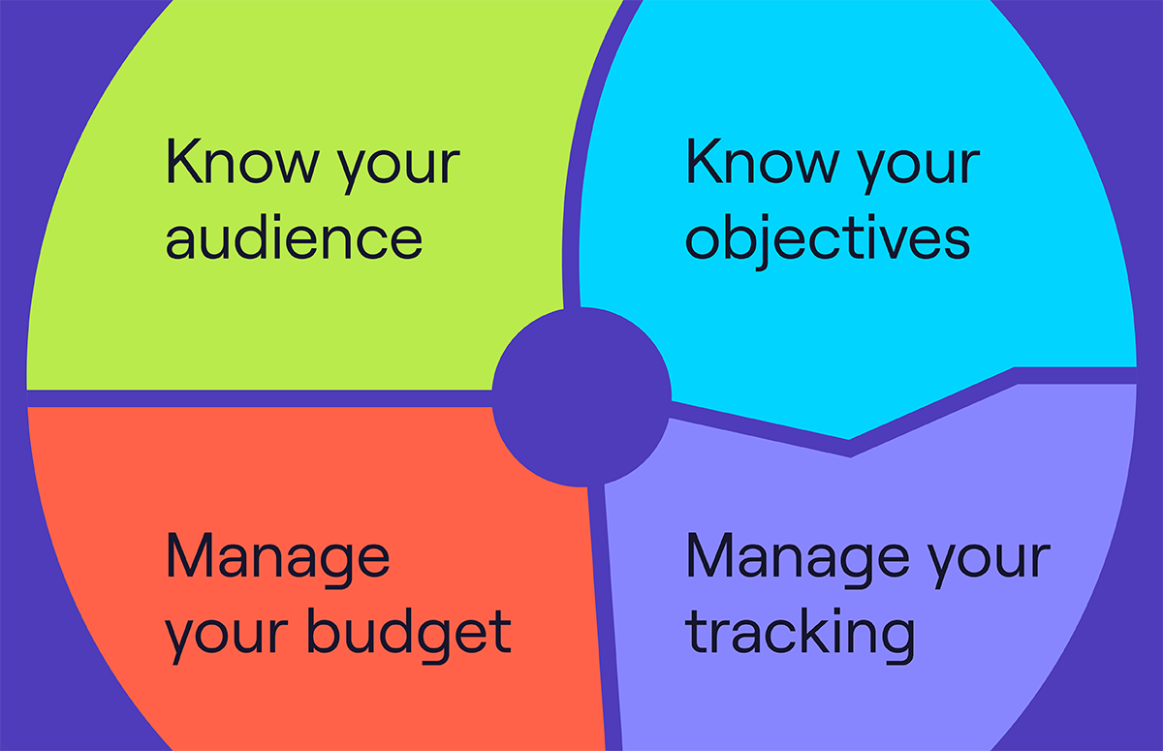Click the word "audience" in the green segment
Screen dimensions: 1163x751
pyautogui.click(x=294, y=236)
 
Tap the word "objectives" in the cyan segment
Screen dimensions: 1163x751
pyautogui.click(x=828, y=241)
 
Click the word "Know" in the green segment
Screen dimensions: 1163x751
pyautogui.click(x=242, y=161)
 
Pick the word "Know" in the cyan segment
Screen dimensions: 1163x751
pyautogui.click(x=762, y=161)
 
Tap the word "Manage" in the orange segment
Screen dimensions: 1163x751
pyautogui.click(x=278, y=559)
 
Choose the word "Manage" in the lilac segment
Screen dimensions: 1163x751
pyautogui.click(x=798, y=559)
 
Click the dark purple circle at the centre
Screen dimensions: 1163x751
pyautogui.click(x=581, y=397)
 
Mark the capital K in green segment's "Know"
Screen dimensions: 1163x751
pyautogui.click(x=184, y=161)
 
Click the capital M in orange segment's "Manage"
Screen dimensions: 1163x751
pyautogui.click(x=190, y=555)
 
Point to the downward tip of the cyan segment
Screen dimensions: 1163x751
pyautogui.click(x=849, y=439)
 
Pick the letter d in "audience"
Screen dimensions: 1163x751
pyautogui.click(x=253, y=236)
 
